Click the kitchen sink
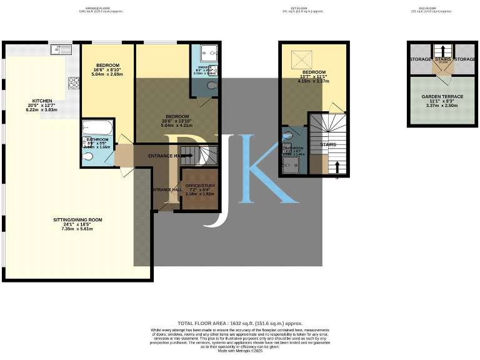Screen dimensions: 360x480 (61, 47)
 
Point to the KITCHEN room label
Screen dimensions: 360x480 (42, 101)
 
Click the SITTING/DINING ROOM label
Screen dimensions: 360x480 (77, 220)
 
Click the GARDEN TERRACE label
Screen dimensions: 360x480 (442, 97)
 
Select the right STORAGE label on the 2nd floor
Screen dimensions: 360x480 (466, 59)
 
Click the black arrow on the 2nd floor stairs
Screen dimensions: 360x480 (442, 51)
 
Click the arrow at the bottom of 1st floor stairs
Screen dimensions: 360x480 (337, 167)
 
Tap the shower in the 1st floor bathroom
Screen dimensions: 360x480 (291, 164)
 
